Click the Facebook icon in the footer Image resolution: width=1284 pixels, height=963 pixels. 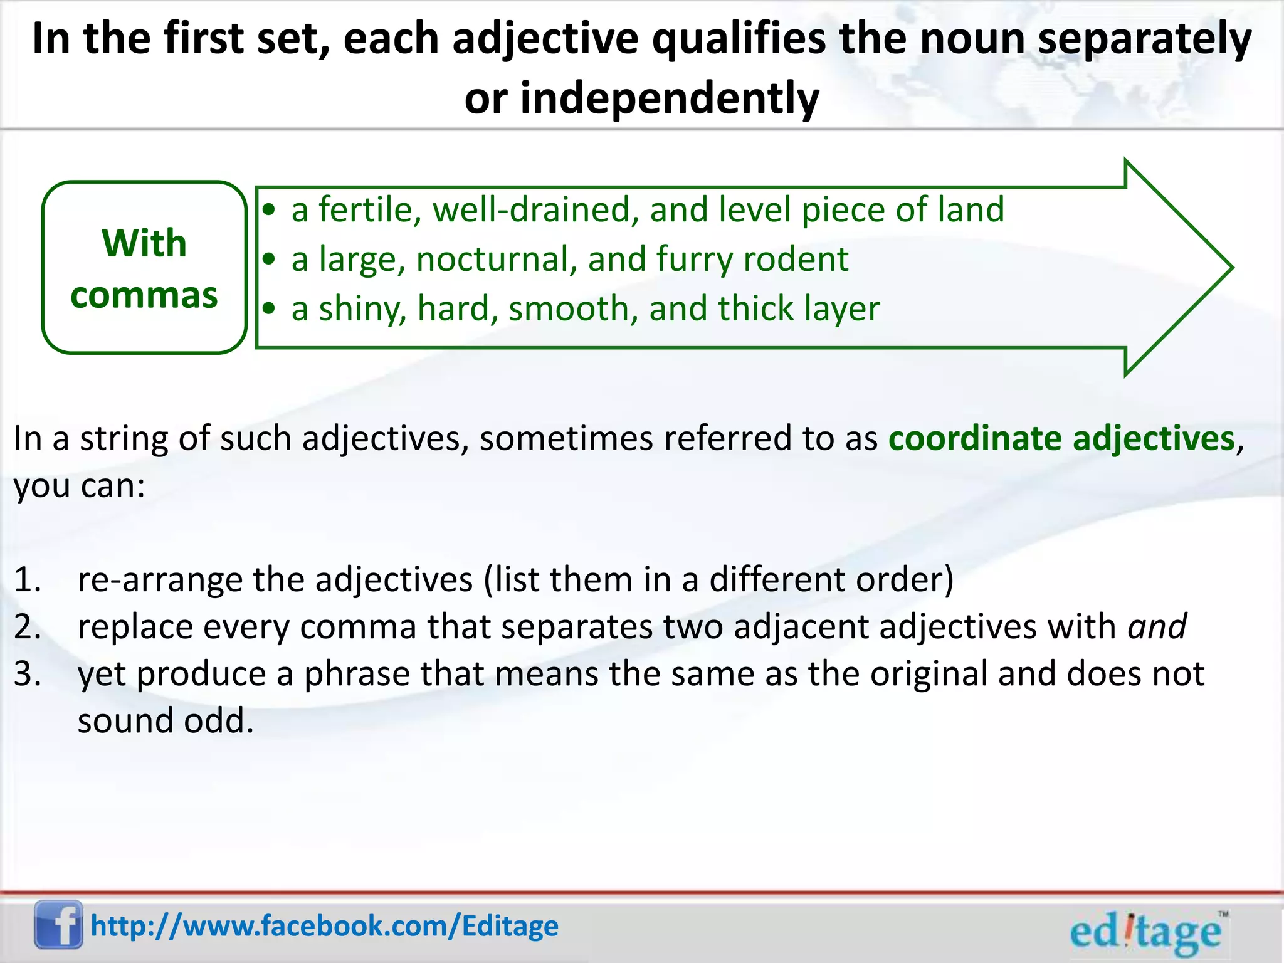pos(58,924)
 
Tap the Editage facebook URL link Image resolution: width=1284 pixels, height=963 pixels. pos(324,926)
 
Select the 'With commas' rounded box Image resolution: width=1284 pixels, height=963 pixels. pos(144,268)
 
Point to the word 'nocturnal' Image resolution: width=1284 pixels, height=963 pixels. pos(496,259)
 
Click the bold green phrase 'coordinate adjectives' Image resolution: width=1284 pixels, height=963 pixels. pos(1061,438)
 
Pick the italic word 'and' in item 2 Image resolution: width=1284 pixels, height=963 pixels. pos(1157,626)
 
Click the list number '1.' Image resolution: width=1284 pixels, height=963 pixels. pos(28,580)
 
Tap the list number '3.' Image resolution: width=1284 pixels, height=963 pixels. pos(28,674)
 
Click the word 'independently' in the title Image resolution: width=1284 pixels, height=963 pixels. pos(670,99)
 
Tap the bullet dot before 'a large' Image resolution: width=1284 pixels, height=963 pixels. pos(269,259)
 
